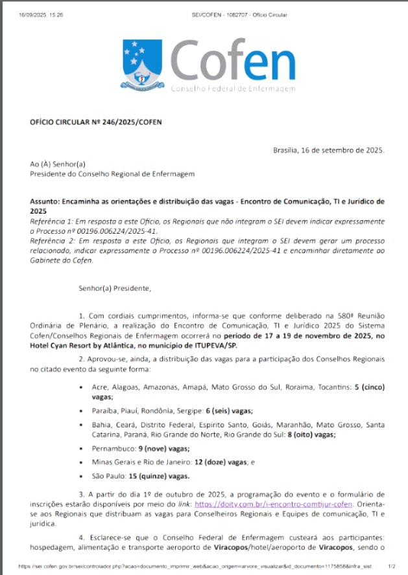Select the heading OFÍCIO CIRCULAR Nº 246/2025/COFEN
(96, 122)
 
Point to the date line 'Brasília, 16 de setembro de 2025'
(329, 150)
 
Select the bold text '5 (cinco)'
(369, 387)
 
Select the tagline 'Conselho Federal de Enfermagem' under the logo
(233, 89)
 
